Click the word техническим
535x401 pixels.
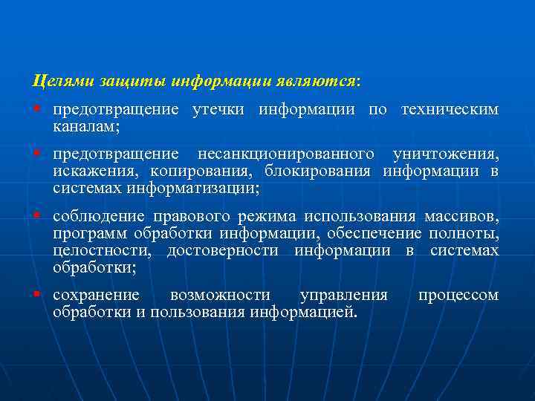(x=450, y=111)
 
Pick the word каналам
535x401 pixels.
(x=86, y=127)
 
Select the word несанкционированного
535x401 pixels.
(x=285, y=154)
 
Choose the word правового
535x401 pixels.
(x=192, y=217)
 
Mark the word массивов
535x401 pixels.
(x=461, y=217)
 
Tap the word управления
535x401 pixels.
(x=343, y=296)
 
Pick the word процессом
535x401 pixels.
(x=458, y=296)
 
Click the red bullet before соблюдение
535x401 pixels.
(x=36, y=216)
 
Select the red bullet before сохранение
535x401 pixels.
(x=36, y=295)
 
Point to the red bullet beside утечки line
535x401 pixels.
(x=36, y=110)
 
